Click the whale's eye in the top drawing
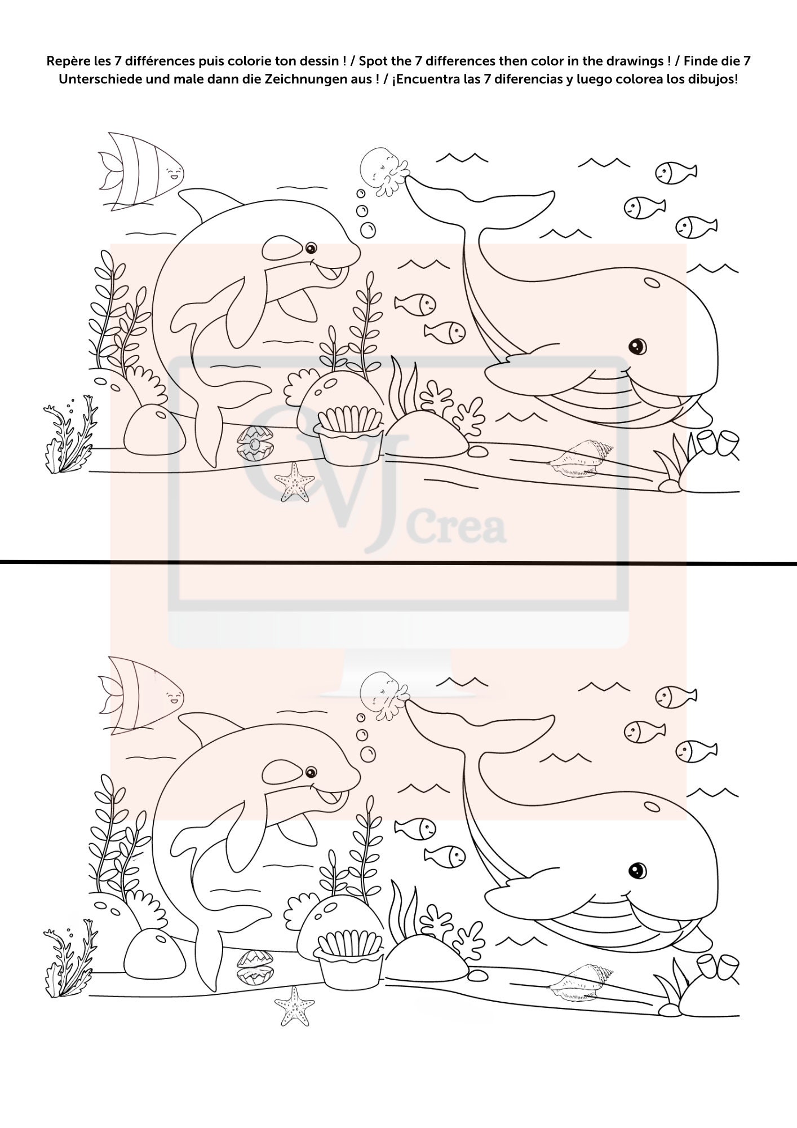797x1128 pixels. pos(637,345)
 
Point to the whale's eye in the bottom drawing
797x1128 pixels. pos(637,869)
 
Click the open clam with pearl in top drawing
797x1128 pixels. pos(255,444)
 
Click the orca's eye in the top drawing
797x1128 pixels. pos(311,248)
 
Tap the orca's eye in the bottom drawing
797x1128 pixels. pos(311,772)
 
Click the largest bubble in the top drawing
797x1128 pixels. pos(368,230)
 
